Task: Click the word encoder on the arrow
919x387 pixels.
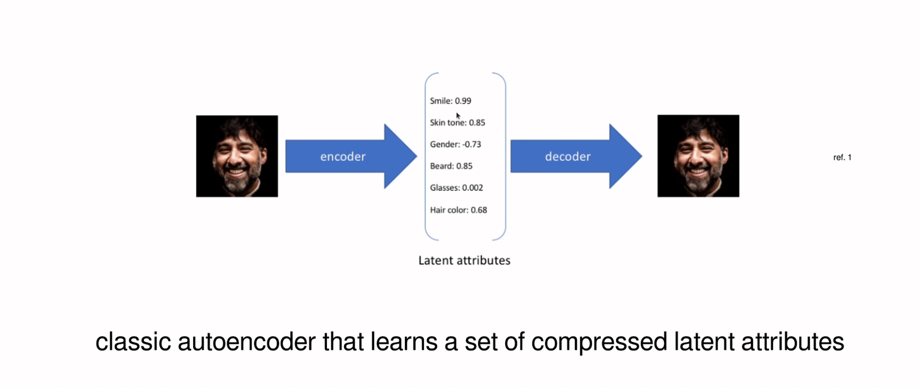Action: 343,156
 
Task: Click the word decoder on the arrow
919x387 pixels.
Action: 567,156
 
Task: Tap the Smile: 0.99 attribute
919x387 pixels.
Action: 450,101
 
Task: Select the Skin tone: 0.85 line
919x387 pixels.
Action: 457,123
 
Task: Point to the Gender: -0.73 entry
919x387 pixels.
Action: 455,144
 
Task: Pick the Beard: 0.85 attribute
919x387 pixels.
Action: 451,166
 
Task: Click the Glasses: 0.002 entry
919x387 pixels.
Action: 456,188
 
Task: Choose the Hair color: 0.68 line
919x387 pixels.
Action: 458,210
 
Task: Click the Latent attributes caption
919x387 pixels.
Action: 464,260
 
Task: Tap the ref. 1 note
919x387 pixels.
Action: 842,158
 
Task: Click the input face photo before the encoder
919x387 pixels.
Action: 237,156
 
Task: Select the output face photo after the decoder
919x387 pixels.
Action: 698,156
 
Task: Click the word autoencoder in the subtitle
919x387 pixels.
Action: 246,342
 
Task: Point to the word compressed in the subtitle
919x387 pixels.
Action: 599,342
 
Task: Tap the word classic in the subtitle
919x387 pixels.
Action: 133,342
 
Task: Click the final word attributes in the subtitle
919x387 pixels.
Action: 792,342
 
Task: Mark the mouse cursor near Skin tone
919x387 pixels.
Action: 458,116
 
